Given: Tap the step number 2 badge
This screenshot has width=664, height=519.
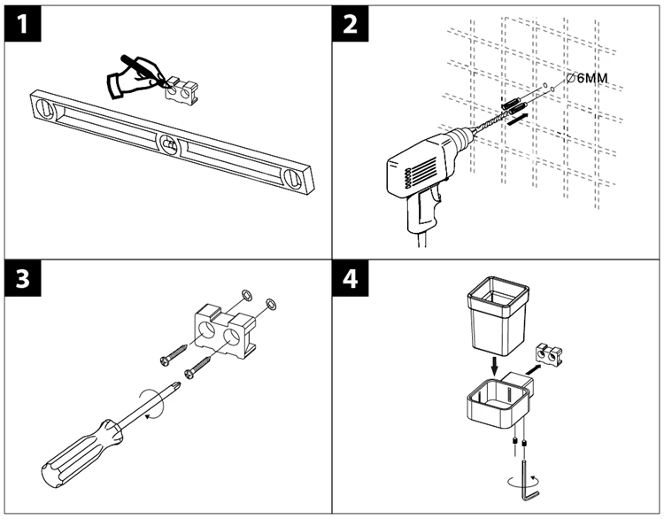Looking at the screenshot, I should click(351, 26).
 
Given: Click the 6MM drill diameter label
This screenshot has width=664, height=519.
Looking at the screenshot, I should click(588, 78).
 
